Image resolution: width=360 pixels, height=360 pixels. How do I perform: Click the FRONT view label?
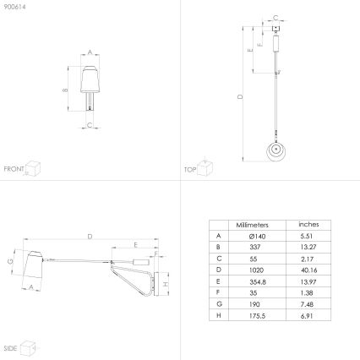14,169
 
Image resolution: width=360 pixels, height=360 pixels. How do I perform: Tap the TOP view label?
190,169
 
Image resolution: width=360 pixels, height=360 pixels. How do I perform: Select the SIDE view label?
10,347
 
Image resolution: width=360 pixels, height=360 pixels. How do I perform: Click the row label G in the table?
218,308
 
